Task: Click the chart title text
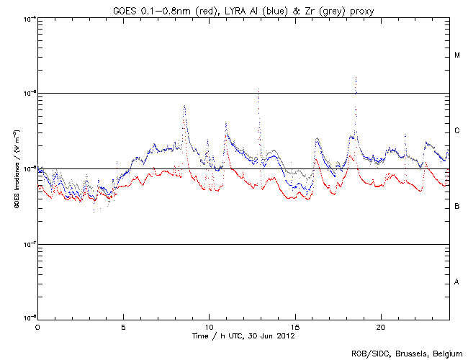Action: point(242,8)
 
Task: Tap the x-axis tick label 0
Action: point(37,326)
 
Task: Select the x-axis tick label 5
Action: point(123,326)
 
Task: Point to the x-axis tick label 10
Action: point(209,326)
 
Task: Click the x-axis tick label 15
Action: point(295,326)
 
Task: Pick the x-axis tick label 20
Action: point(381,326)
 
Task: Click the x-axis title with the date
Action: point(243,336)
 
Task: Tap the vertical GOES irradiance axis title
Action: point(14,168)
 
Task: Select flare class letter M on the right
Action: point(457,55)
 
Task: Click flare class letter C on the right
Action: point(457,131)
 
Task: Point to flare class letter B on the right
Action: point(457,207)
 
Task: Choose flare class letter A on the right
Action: point(457,282)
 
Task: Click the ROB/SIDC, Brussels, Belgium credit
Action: point(407,352)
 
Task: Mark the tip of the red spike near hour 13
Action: point(258,89)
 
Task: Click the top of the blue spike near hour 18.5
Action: point(356,77)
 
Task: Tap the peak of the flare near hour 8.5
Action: point(184,106)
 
